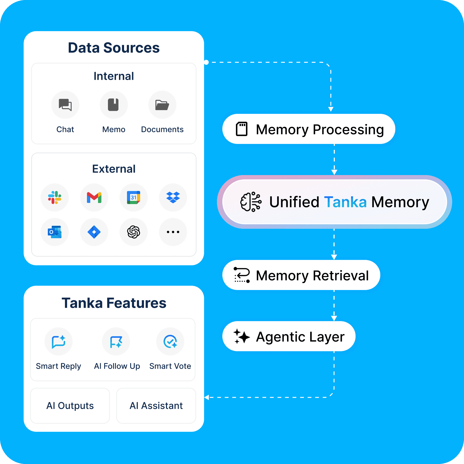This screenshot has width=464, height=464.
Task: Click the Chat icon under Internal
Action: pyautogui.click(x=65, y=105)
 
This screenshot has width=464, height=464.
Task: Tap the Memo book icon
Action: pyautogui.click(x=114, y=105)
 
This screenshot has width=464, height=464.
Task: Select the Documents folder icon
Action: pyautogui.click(x=162, y=105)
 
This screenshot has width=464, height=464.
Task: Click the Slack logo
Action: pyautogui.click(x=55, y=198)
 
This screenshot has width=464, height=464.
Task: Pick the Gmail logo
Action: pyautogui.click(x=94, y=198)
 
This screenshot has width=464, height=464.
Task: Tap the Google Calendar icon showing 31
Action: pyautogui.click(x=133, y=198)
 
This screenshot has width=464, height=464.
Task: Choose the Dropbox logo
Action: pyautogui.click(x=173, y=198)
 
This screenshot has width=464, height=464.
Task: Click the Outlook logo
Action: pyautogui.click(x=55, y=232)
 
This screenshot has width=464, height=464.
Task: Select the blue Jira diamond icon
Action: pyautogui.click(x=94, y=232)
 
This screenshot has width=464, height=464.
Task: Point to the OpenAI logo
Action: pyautogui.click(x=133, y=232)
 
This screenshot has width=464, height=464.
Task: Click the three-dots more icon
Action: pyautogui.click(x=173, y=232)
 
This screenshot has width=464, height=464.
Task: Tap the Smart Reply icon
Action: pyautogui.click(x=59, y=342)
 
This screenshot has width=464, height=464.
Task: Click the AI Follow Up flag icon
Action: pyautogui.click(x=116, y=342)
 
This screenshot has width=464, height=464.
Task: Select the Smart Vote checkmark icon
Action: pyautogui.click(x=170, y=342)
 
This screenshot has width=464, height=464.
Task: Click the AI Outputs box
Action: pyautogui.click(x=70, y=405)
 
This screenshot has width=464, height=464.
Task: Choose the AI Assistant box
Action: pyautogui.click(x=156, y=405)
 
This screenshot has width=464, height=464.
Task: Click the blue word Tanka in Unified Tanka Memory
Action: pyautogui.click(x=345, y=202)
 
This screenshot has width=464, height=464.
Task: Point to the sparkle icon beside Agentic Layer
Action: pyautogui.click(x=241, y=336)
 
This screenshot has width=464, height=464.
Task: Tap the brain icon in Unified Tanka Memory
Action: pyautogui.click(x=251, y=202)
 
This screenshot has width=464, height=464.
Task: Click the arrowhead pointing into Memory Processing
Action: pyautogui.click(x=331, y=109)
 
